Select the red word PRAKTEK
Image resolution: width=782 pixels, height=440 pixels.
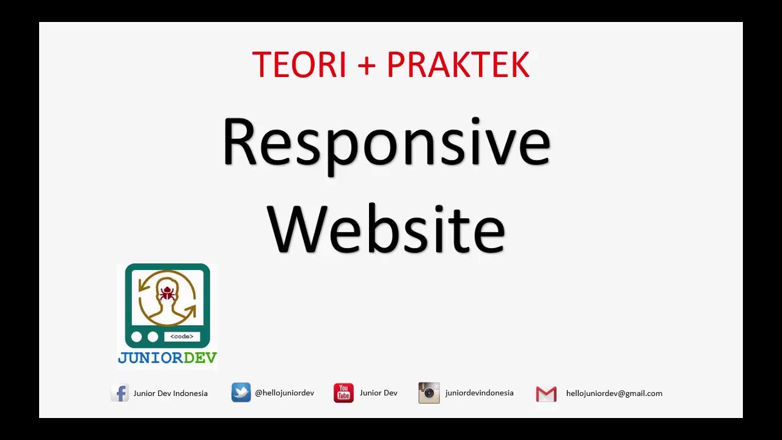458,65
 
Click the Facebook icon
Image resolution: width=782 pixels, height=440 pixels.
120,393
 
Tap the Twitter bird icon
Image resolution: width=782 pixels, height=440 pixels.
241,392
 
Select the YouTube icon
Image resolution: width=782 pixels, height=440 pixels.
343,393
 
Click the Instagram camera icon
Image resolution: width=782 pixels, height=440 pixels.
429,393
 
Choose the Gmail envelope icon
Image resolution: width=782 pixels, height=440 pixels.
546,394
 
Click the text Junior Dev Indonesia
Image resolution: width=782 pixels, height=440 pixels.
170,394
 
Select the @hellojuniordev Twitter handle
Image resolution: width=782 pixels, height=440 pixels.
284,393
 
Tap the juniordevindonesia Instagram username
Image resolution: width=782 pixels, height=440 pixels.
479,393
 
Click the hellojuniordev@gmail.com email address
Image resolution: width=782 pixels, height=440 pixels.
614,394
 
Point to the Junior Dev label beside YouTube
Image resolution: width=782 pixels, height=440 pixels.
378,393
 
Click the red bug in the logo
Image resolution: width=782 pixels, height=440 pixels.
167,294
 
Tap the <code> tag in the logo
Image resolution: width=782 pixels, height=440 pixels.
182,337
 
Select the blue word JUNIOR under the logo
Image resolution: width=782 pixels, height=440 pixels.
146,358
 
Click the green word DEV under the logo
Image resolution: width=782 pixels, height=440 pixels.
196,358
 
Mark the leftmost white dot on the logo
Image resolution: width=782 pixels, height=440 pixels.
136,337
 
